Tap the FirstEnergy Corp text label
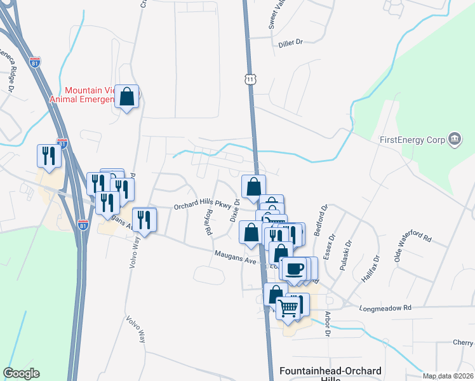(411, 139)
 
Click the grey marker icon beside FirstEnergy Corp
(454, 139)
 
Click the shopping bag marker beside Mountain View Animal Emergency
(127, 97)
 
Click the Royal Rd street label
(207, 224)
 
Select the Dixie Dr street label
(235, 210)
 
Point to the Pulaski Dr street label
(347, 256)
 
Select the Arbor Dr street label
(328, 323)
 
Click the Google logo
(21, 373)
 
